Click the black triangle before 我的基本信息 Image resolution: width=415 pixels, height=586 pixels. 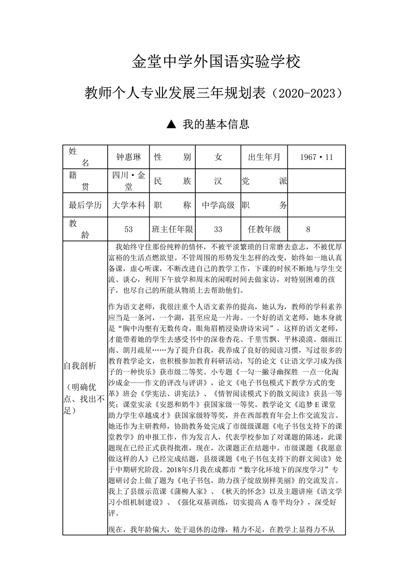click(x=171, y=125)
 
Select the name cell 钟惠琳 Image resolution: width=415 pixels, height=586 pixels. click(x=129, y=157)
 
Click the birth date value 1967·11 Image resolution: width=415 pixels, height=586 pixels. click(x=316, y=157)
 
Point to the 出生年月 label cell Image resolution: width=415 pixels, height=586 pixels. click(x=264, y=157)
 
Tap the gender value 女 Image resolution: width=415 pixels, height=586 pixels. click(x=218, y=157)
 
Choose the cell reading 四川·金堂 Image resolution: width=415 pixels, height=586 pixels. click(x=129, y=181)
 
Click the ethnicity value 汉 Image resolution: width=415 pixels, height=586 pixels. click(x=218, y=181)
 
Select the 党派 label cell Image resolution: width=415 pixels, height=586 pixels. click(x=264, y=181)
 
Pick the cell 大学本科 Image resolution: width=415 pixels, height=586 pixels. click(x=129, y=205)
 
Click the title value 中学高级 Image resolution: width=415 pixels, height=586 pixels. click(x=218, y=205)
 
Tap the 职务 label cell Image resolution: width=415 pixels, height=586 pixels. click(x=264, y=205)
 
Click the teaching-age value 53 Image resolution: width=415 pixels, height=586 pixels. click(x=128, y=229)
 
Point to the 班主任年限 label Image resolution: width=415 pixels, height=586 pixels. click(x=172, y=229)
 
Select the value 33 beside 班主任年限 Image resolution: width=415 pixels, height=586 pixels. click(x=218, y=229)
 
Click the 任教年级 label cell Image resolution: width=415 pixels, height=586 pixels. click(x=264, y=229)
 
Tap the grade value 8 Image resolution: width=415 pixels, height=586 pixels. click(x=308, y=229)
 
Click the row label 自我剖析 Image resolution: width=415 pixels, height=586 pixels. click(x=80, y=366)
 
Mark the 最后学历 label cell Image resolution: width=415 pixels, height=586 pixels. click(x=85, y=205)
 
